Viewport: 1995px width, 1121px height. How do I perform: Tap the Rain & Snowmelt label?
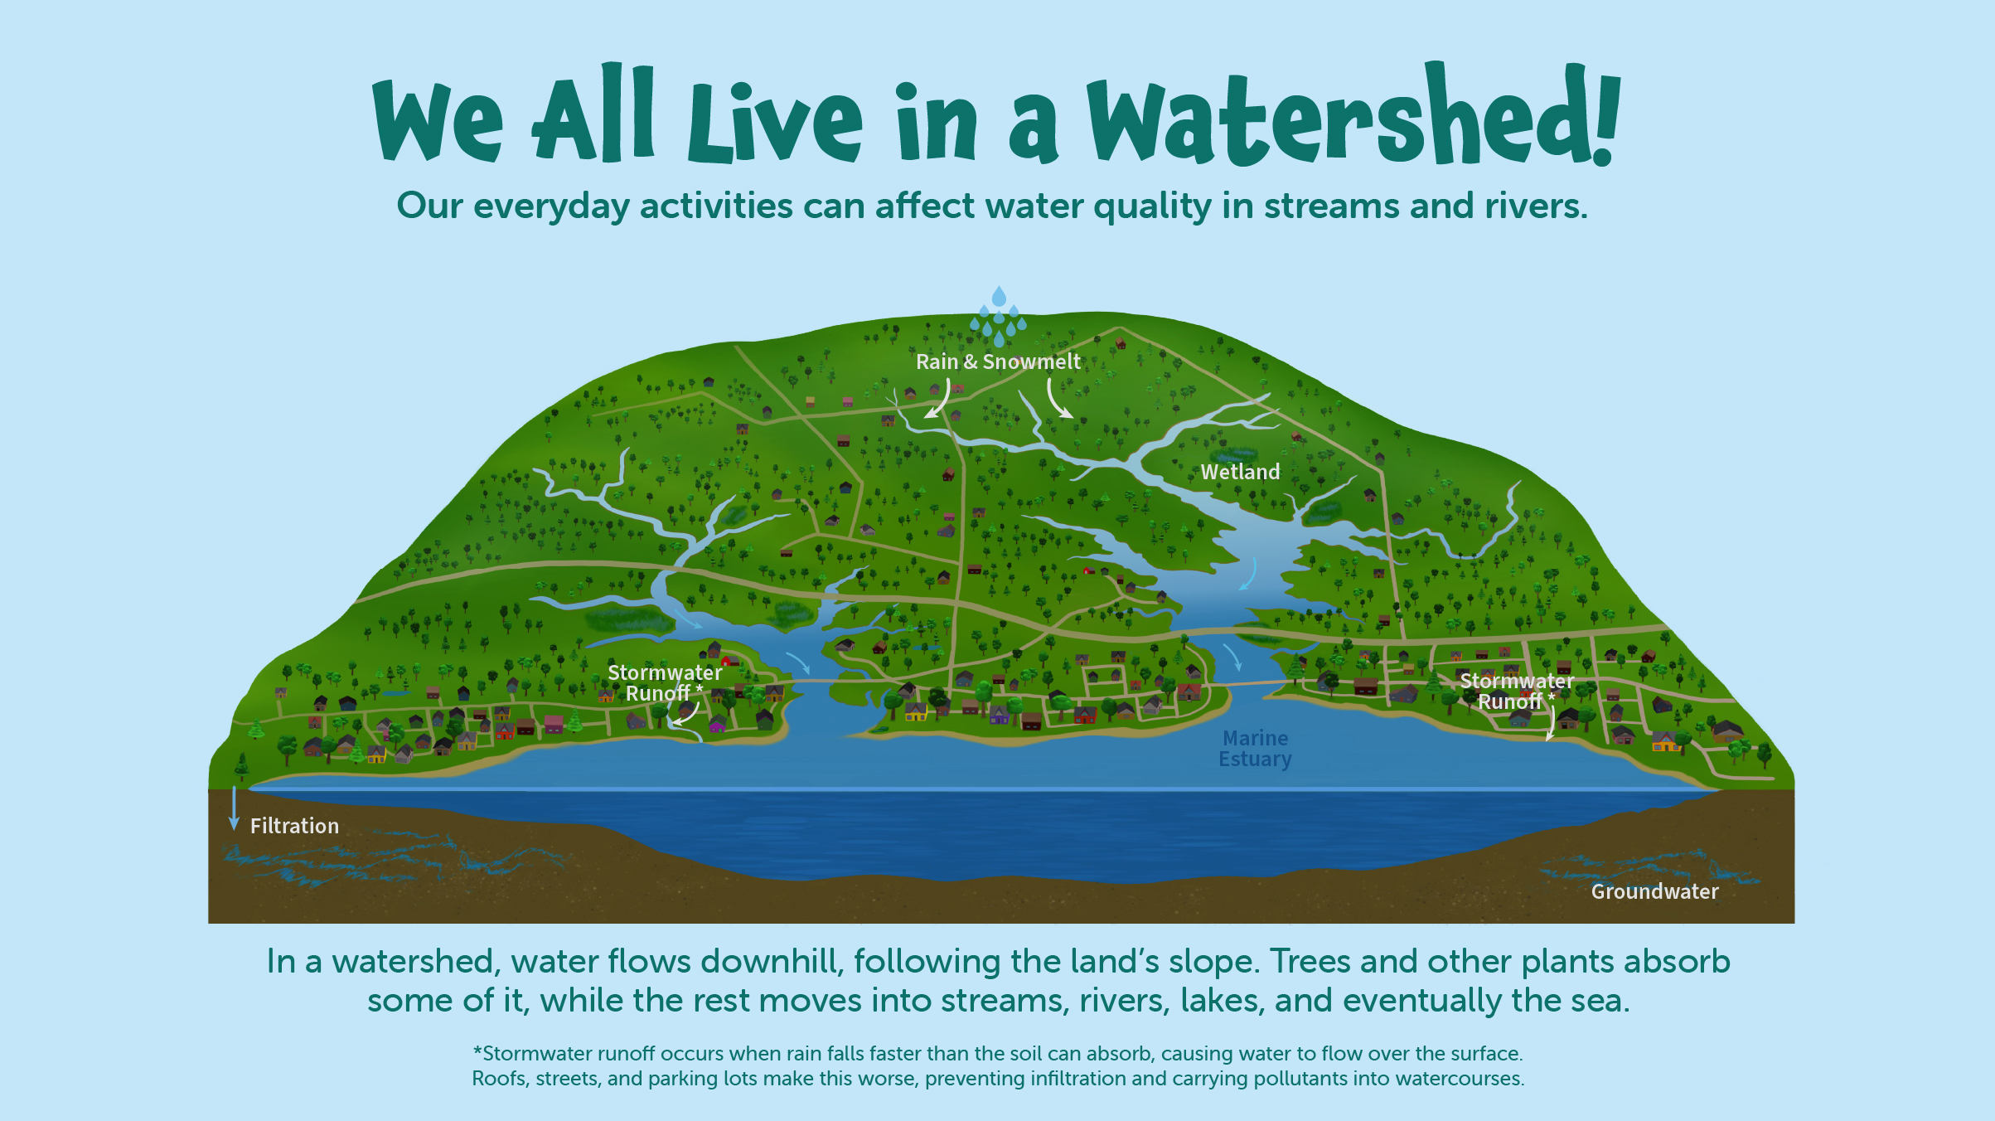[998, 362]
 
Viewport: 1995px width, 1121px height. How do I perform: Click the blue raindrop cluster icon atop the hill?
[999, 316]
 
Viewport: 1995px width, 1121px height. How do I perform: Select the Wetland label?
[1240, 472]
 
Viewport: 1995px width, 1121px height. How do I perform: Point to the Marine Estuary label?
[1255, 749]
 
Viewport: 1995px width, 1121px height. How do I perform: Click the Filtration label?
[294, 826]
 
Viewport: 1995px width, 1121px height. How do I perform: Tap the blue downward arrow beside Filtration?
[234, 808]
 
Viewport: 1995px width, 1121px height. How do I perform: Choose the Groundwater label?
[1654, 891]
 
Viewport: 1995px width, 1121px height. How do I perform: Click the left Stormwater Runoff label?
[665, 683]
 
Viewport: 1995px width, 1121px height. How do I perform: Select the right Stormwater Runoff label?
[1516, 692]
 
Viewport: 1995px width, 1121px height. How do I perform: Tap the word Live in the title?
[775, 123]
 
